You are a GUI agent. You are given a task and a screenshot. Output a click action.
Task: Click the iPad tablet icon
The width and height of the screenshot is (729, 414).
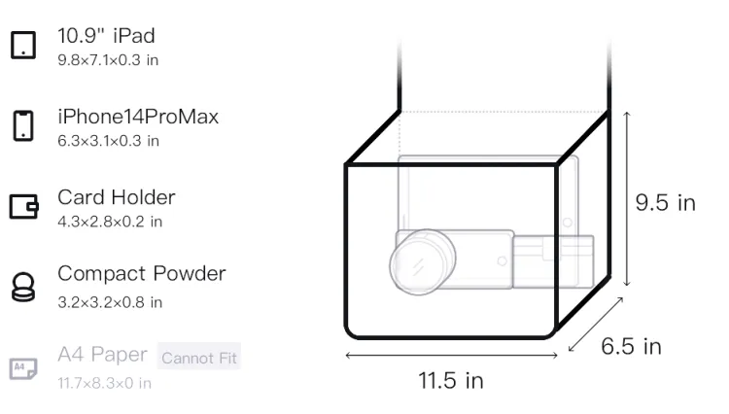coord(23,45)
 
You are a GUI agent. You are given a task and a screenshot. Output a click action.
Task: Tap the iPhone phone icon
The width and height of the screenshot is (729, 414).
coord(23,125)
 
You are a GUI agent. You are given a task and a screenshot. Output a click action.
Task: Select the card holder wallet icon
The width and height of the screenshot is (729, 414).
coord(23,206)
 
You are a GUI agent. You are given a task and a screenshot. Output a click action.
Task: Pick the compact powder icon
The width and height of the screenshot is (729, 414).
coord(23,287)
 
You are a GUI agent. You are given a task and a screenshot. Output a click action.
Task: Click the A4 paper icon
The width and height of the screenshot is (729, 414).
coord(23,368)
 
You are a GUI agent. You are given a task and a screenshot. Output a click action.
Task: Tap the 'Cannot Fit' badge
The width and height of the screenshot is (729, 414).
coord(199,357)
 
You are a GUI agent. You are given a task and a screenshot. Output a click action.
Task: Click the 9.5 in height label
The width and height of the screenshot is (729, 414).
coord(665,203)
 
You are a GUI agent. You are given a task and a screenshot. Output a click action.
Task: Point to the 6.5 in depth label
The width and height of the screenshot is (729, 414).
coord(631,346)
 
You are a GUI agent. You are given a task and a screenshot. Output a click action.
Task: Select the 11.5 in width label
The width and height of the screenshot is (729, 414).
coord(451,381)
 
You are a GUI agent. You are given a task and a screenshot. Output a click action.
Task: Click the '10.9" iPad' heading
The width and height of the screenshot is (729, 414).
coord(106,36)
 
